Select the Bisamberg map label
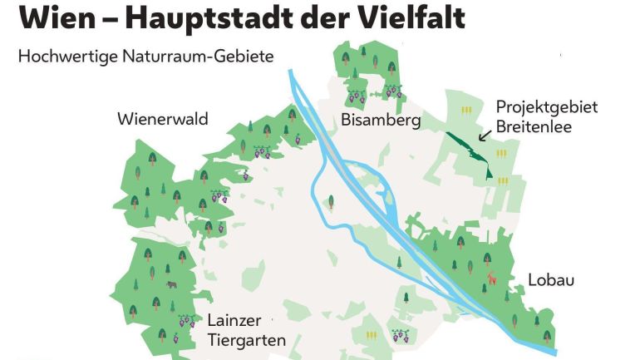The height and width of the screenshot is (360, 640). (x=381, y=121)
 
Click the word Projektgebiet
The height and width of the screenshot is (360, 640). (x=546, y=107)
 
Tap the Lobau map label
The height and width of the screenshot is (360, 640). (x=550, y=279)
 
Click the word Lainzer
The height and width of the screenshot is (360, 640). (x=235, y=321)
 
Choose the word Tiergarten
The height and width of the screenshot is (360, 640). (x=246, y=340)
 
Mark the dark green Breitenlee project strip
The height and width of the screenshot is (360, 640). (x=470, y=150)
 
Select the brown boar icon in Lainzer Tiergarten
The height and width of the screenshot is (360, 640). (x=171, y=284)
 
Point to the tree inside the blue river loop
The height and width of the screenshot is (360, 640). (x=332, y=201)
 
